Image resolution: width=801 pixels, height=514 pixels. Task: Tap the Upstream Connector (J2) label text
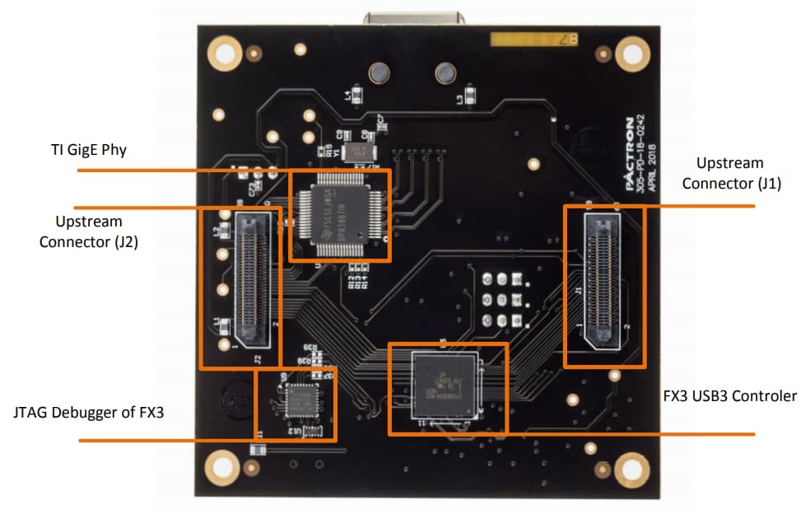[x=89, y=231]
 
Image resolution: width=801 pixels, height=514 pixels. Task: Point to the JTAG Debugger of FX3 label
[x=89, y=411]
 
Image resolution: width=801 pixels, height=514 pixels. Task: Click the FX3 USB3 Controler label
[x=729, y=396]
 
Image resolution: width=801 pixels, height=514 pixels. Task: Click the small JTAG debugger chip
[x=296, y=401]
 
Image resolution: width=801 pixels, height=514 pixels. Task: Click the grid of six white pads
[x=502, y=300]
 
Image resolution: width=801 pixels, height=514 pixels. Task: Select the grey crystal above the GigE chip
[x=359, y=151]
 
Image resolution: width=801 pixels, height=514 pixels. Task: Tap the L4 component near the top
[x=356, y=93]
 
